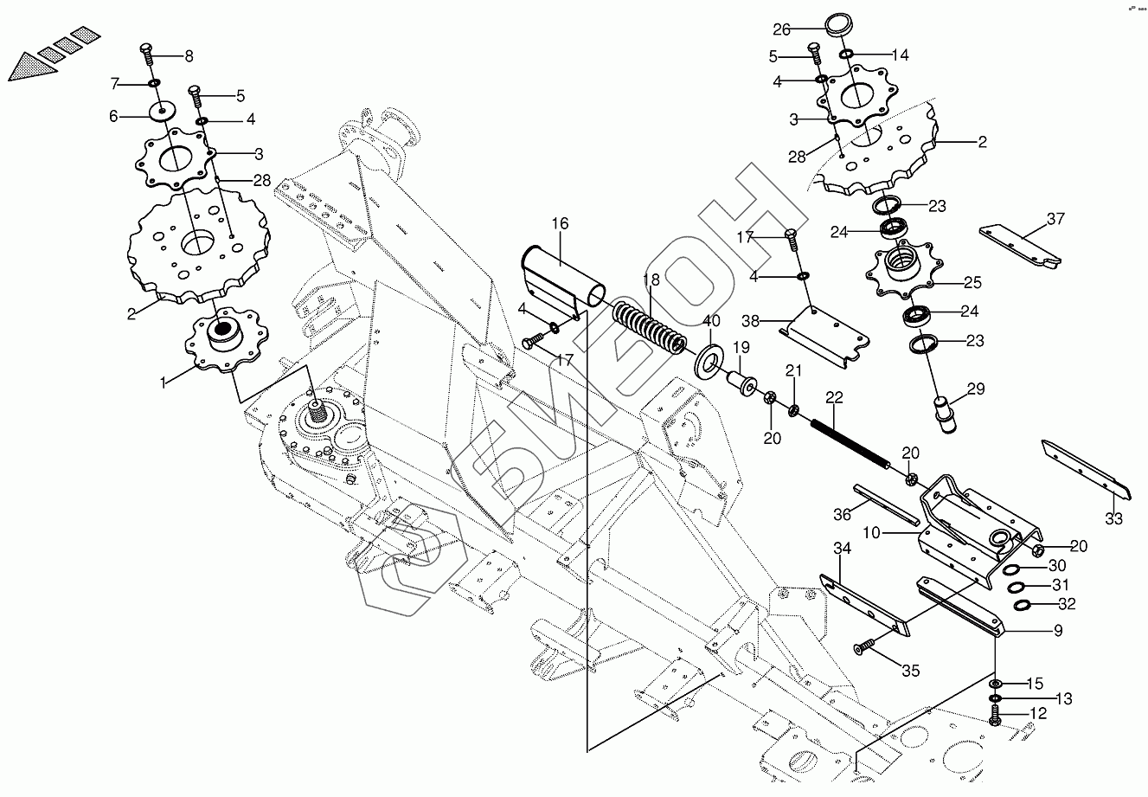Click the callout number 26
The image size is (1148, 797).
[x=782, y=29]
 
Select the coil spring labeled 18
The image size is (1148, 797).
[x=649, y=328]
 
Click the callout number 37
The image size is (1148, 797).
[x=1055, y=219]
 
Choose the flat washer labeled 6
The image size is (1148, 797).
[x=162, y=112]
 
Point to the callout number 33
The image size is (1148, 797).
[x=1113, y=519]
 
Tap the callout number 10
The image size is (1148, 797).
[x=871, y=533]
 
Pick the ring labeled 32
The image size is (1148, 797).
[x=1023, y=604]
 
